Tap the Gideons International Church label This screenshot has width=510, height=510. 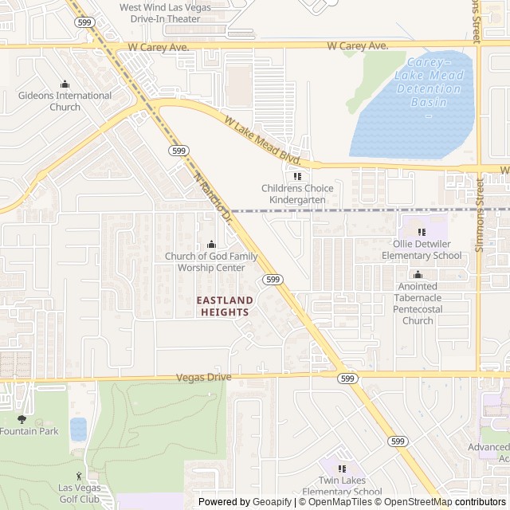click(x=65, y=101)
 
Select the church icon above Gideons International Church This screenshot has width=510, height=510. click(x=65, y=84)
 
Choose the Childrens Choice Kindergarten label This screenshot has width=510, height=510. click(x=297, y=194)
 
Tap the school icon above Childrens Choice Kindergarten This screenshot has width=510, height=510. click(x=297, y=176)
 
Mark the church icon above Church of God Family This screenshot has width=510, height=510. click(x=211, y=244)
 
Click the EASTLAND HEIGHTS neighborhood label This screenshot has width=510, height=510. click(x=225, y=306)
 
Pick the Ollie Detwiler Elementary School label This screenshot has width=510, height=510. click(x=421, y=249)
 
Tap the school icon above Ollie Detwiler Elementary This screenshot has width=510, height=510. click(x=422, y=232)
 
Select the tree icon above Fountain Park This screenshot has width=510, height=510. click(x=22, y=418)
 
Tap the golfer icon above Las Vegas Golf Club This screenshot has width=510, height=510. click(x=78, y=476)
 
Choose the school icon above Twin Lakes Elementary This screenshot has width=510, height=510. click(x=343, y=469)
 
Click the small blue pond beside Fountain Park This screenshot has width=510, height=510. click(x=78, y=429)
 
